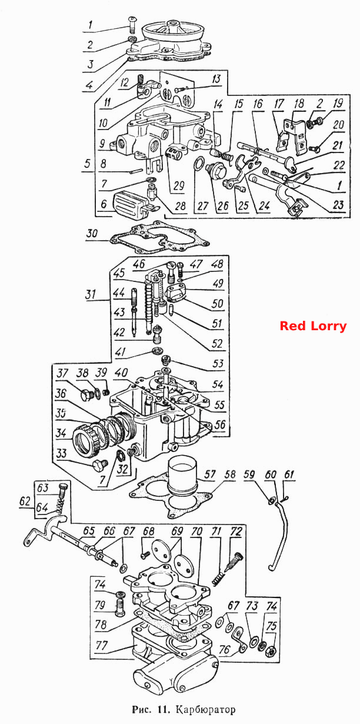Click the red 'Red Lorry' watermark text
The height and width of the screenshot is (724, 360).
[x=313, y=326]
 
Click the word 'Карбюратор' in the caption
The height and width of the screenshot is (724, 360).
[x=206, y=709]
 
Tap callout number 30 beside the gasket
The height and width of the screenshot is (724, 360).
[x=92, y=233]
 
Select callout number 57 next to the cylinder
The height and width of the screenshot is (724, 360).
[x=210, y=474]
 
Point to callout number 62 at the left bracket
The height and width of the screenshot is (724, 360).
[x=25, y=502]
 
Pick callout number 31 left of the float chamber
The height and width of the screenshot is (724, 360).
[x=91, y=294]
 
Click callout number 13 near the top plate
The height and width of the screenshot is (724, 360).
[x=216, y=79]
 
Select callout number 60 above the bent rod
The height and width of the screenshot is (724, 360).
[x=271, y=474]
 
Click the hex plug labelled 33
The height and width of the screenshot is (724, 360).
[x=98, y=467]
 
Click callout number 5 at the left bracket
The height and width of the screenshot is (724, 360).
[x=88, y=164]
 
